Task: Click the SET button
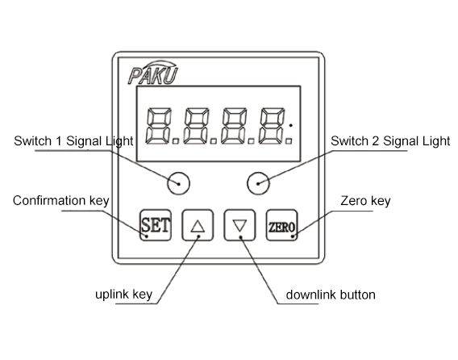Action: point(156,225)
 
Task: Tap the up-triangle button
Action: point(198,225)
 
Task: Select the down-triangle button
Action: point(239,225)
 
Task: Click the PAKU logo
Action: point(152,73)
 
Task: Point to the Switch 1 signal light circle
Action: point(178,183)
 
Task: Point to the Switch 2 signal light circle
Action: point(258,183)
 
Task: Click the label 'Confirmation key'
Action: point(61,201)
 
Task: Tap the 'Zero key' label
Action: point(365,201)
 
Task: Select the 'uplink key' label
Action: point(124,295)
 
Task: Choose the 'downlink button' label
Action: point(331,295)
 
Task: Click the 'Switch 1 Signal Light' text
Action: point(73,141)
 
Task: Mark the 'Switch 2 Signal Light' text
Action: point(390,141)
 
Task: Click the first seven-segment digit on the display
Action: point(158,126)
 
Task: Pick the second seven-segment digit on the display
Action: point(196,126)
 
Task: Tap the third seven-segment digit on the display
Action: point(234,126)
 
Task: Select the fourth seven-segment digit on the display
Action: point(272,126)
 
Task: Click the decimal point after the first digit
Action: point(176,141)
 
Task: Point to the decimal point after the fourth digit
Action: point(289,141)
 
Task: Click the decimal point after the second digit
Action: point(214,141)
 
